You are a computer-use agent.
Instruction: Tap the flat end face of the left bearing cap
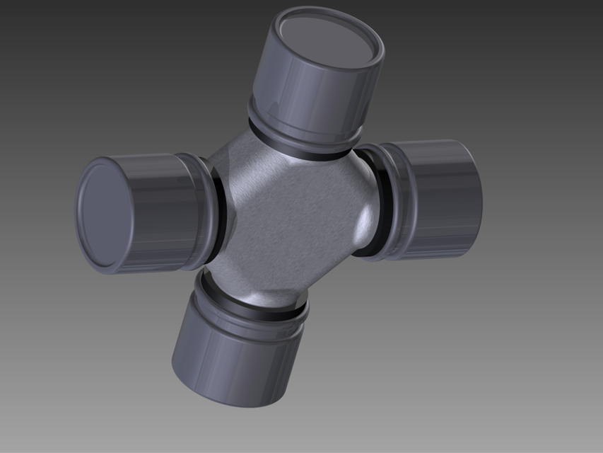click(103, 212)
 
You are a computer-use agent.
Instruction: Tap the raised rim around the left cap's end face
click(81, 212)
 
